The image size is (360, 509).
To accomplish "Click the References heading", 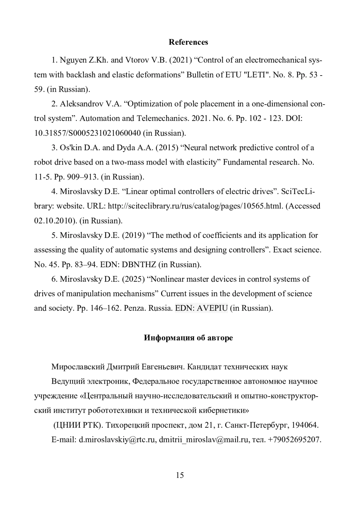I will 188,42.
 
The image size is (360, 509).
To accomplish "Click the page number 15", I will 180,475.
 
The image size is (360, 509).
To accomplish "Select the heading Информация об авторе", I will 188,338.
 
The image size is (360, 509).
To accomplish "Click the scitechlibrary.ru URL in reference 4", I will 195,206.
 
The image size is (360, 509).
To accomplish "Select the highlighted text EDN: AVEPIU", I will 201,308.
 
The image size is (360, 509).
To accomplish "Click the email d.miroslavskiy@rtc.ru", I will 117,440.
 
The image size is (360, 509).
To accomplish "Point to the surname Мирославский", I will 78,367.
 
